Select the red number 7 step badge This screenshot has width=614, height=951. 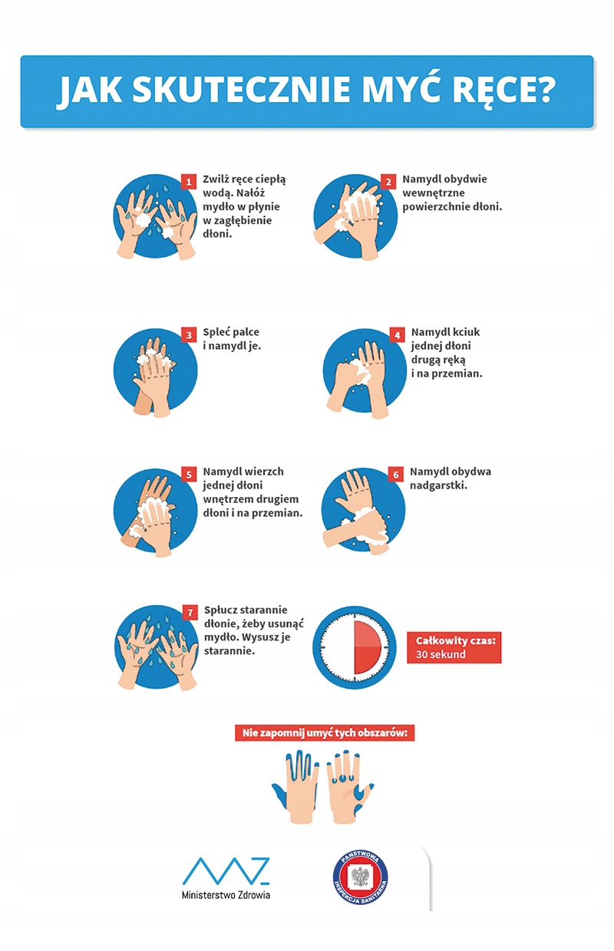190,612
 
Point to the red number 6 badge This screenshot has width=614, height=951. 396,474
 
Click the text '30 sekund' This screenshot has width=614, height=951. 441,654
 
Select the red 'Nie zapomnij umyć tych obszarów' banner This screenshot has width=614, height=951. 325,733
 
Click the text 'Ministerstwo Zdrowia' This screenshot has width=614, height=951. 226,894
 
